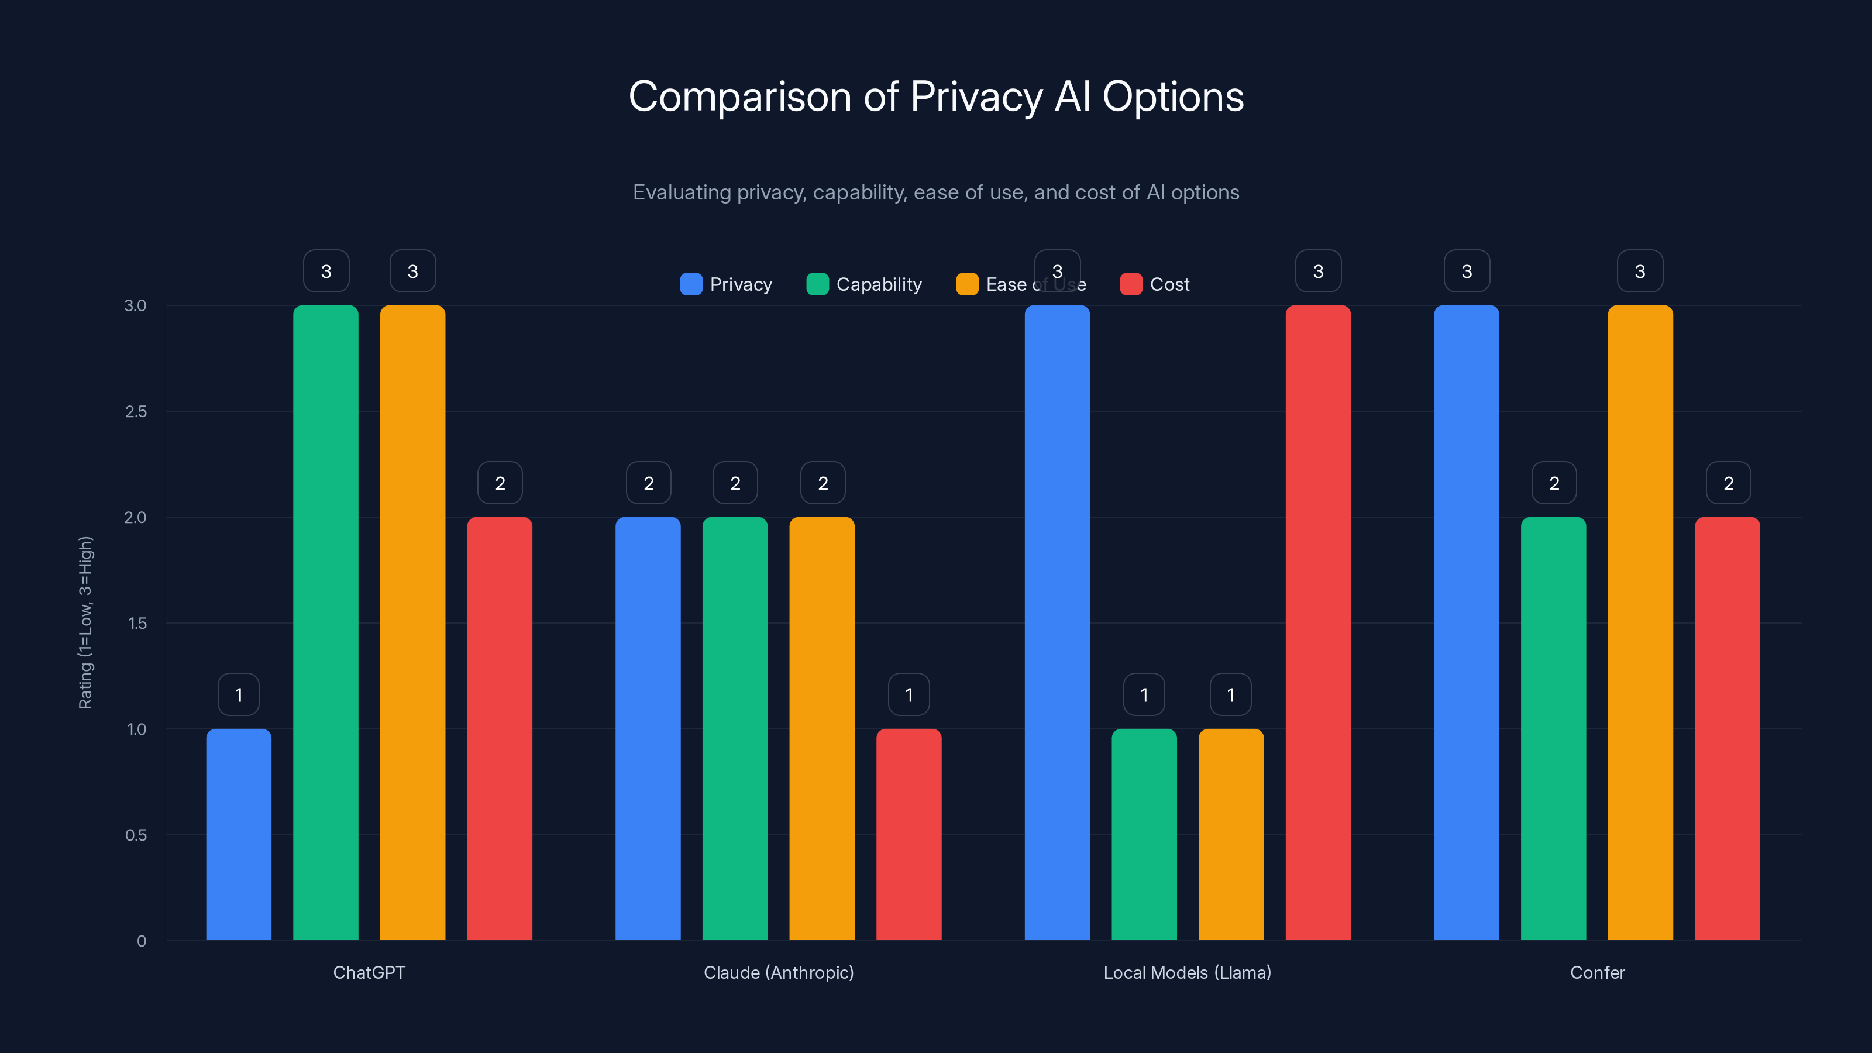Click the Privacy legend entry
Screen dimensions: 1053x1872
726,284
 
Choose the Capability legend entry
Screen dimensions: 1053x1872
864,284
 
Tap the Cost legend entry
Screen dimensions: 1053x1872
1155,284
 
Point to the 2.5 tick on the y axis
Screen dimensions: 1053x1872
136,411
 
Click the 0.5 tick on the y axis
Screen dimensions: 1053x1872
136,835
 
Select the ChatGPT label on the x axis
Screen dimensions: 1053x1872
369,972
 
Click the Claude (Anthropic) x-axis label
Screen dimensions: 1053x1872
778,972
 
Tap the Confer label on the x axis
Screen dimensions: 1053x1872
1596,972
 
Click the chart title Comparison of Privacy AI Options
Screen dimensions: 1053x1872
936,96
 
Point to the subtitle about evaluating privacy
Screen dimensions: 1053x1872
936,192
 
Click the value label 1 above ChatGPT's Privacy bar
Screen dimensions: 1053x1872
238,695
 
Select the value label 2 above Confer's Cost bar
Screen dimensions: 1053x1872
1728,483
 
